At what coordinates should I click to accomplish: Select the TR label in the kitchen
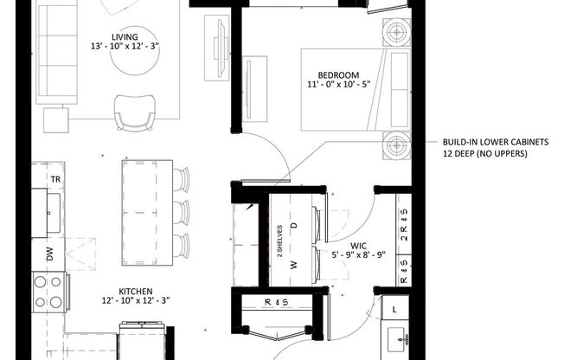pos(54,178)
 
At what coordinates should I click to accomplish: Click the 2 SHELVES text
pos(279,242)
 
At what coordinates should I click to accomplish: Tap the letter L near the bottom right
pos(394,309)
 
